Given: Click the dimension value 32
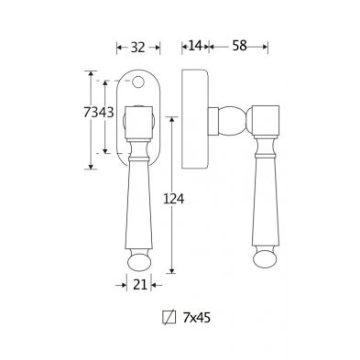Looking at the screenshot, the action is pyautogui.click(x=137, y=48).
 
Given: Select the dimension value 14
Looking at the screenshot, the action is pyautogui.click(x=195, y=46).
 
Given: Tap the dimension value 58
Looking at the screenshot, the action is pyautogui.click(x=239, y=46).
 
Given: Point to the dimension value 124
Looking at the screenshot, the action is pyautogui.click(x=174, y=199).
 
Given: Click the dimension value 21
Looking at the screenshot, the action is pyautogui.click(x=140, y=285).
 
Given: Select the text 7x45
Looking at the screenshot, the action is pyautogui.click(x=197, y=318).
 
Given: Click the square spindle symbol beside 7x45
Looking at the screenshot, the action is pyautogui.click(x=169, y=317).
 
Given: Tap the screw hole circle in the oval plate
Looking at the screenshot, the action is pyautogui.click(x=138, y=82).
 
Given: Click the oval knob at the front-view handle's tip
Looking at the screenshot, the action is pyautogui.click(x=139, y=262).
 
